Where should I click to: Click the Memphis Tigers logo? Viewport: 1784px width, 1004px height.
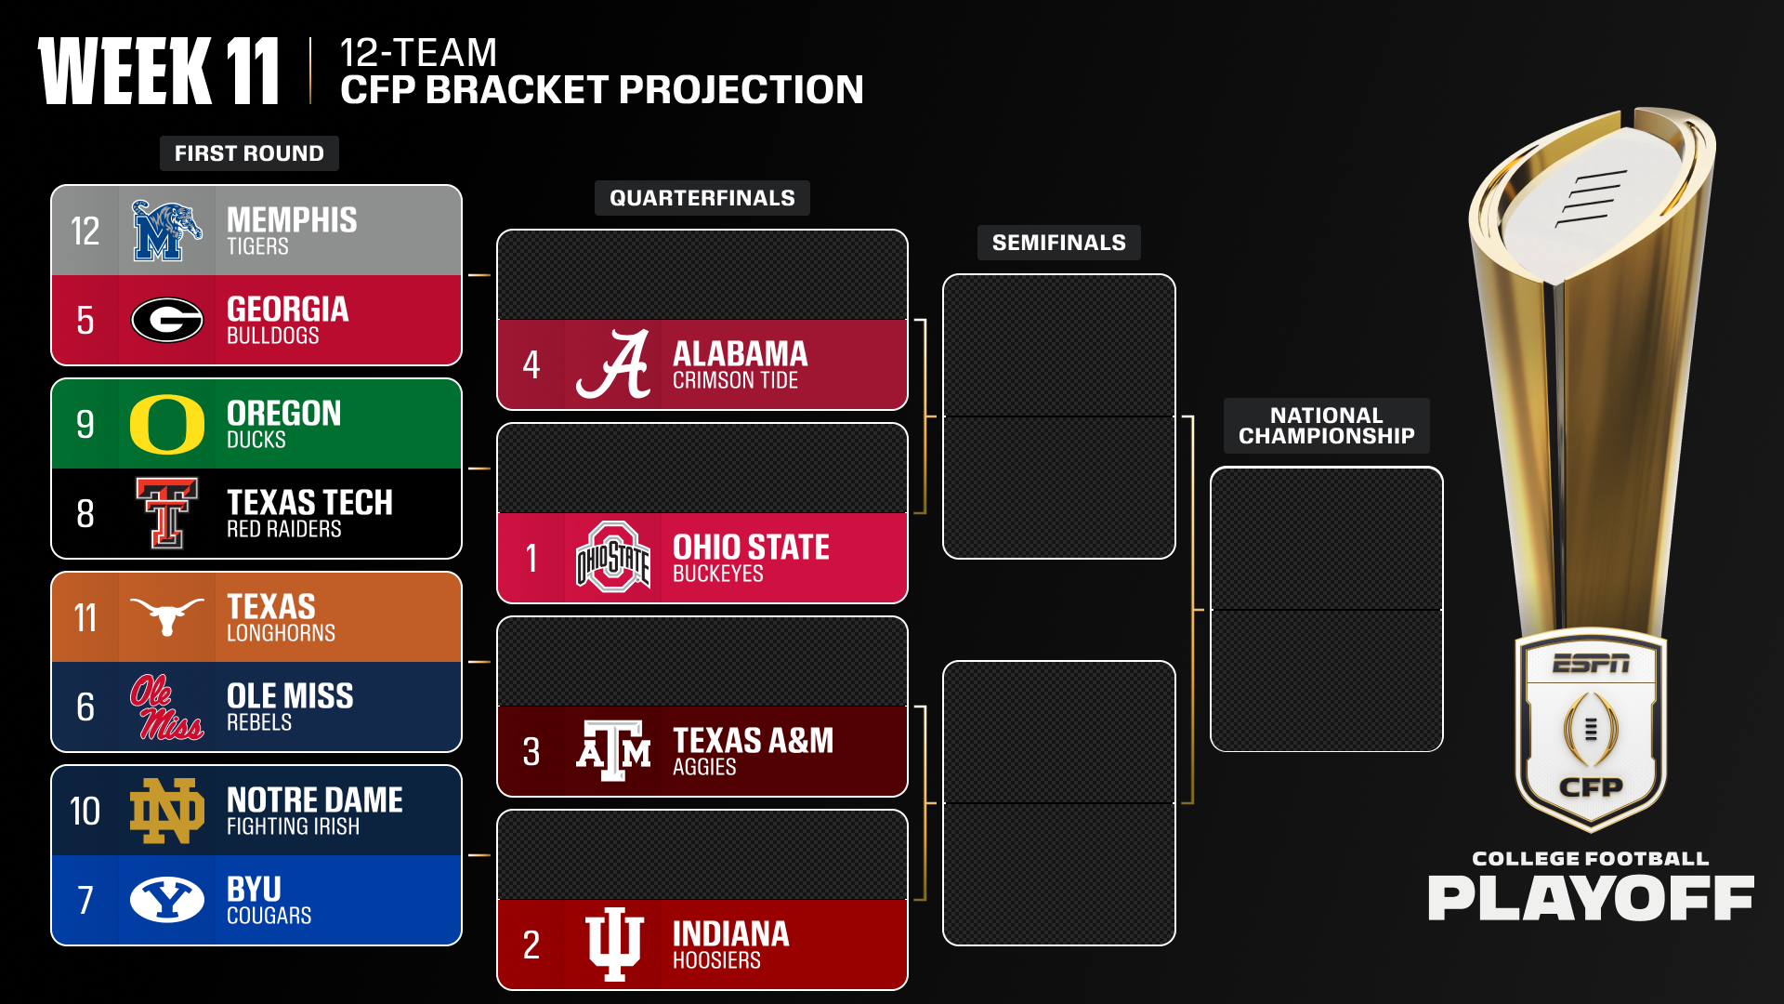click(x=166, y=231)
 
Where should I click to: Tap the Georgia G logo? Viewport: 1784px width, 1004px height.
click(x=167, y=321)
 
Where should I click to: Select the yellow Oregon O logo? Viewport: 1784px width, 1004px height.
click(x=167, y=424)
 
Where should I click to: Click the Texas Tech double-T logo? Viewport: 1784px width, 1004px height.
click(x=167, y=513)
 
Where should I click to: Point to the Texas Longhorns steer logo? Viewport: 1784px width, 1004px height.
click(x=167, y=615)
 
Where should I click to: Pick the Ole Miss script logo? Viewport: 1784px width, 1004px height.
click(x=166, y=707)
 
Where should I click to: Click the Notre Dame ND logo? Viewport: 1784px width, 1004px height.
click(x=167, y=811)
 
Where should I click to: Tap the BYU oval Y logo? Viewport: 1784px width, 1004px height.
click(x=167, y=899)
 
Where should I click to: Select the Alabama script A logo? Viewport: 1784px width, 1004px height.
click(x=613, y=364)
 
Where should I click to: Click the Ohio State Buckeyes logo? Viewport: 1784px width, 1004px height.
click(x=613, y=558)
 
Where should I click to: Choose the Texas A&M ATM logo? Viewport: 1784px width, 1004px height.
click(x=613, y=751)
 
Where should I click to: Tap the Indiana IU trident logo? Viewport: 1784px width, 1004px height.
click(x=613, y=944)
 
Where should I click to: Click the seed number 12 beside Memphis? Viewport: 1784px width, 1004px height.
click(x=85, y=231)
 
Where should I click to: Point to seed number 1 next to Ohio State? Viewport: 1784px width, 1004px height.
click(x=531, y=559)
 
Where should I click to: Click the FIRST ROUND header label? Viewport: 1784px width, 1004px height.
click(x=249, y=153)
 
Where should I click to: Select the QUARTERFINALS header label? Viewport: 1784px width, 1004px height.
click(x=702, y=198)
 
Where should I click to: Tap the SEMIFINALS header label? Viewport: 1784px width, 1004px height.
click(x=1058, y=243)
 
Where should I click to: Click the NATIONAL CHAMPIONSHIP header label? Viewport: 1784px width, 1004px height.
click(x=1326, y=426)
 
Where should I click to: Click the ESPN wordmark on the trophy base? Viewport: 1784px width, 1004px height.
click(x=1590, y=664)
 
